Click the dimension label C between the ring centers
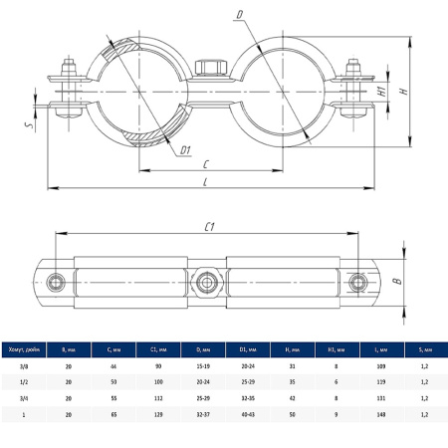[x=205, y=161]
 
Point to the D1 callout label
[x=185, y=150]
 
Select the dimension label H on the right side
[x=402, y=91]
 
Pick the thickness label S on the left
[x=31, y=125]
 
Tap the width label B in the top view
[x=397, y=283]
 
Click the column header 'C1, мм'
[x=159, y=348]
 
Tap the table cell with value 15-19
[x=204, y=367]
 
